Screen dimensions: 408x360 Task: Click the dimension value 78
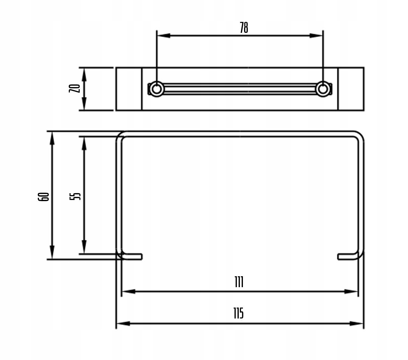pyautogui.click(x=244, y=28)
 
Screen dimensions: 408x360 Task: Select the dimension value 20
pyautogui.click(x=74, y=88)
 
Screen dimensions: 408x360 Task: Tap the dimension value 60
pyautogui.click(x=43, y=197)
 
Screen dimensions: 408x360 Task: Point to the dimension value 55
pyautogui.click(x=75, y=196)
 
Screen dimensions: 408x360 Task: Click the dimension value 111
pyautogui.click(x=239, y=282)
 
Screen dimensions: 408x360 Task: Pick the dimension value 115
pyautogui.click(x=238, y=313)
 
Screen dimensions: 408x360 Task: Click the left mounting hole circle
pyautogui.click(x=156, y=89)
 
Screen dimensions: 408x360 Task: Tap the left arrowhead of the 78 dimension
pyautogui.click(x=164, y=35)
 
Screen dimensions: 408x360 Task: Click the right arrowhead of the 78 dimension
pyautogui.click(x=316, y=35)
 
